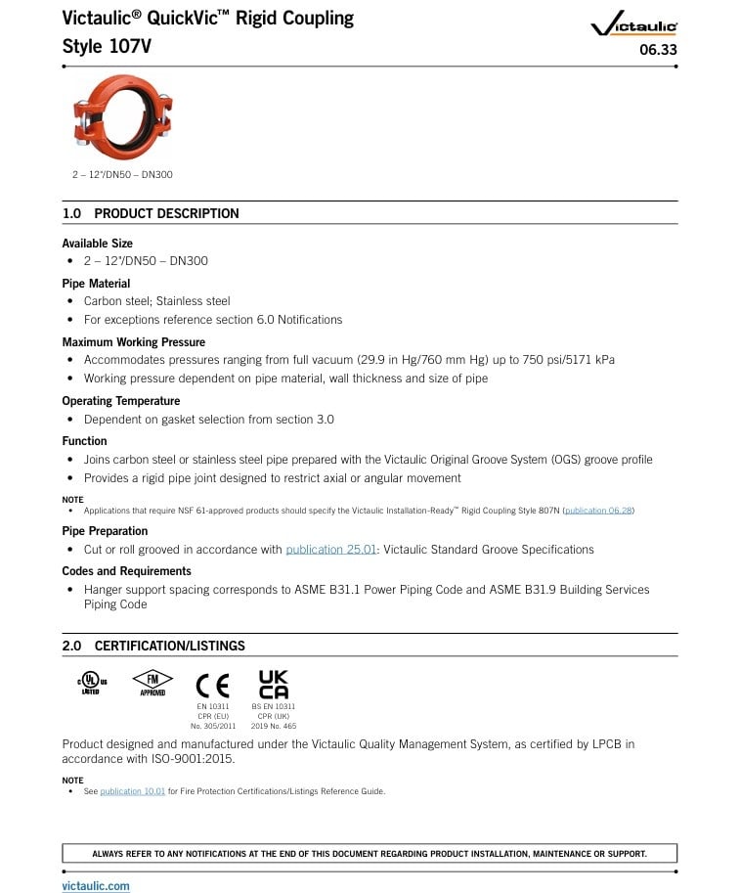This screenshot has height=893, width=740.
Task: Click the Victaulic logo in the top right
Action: (x=634, y=26)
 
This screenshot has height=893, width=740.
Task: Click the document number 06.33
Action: (x=658, y=50)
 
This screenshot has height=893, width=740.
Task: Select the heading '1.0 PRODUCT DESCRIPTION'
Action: (x=151, y=213)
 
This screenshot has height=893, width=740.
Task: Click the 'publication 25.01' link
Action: (x=330, y=550)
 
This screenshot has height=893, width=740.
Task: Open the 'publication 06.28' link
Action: (x=598, y=511)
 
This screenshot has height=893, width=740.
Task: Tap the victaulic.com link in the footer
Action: (x=96, y=886)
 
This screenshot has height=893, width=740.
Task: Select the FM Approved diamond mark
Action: (x=152, y=682)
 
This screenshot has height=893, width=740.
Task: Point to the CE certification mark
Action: (x=212, y=685)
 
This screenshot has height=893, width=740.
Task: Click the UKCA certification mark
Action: (x=273, y=684)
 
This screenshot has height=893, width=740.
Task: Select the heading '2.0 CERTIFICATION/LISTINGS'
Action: (x=153, y=646)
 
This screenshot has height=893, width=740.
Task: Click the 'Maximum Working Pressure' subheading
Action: (x=133, y=342)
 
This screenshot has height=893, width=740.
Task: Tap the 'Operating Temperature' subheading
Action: (x=120, y=401)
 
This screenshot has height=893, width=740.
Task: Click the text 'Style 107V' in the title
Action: (x=107, y=46)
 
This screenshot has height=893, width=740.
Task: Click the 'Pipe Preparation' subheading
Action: (x=105, y=531)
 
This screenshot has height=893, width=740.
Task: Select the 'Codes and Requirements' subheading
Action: (x=126, y=571)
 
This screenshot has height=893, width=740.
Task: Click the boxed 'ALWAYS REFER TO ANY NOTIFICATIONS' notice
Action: (x=370, y=854)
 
